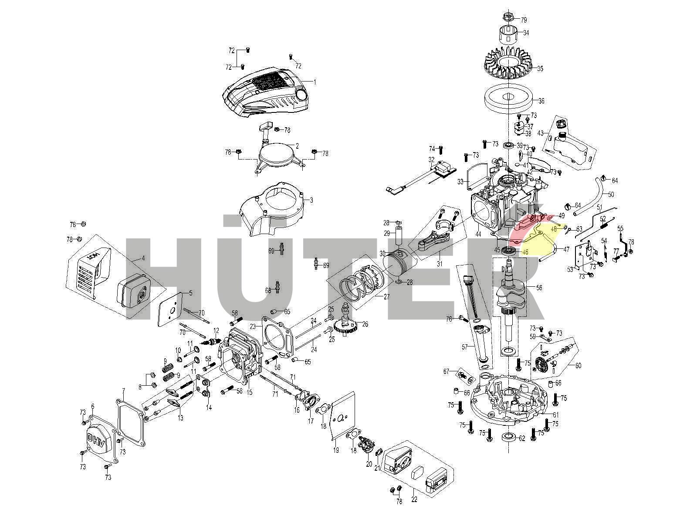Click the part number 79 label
[524, 20]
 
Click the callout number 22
[414, 499]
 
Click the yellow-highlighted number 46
[525, 251]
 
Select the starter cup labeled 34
[508, 33]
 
